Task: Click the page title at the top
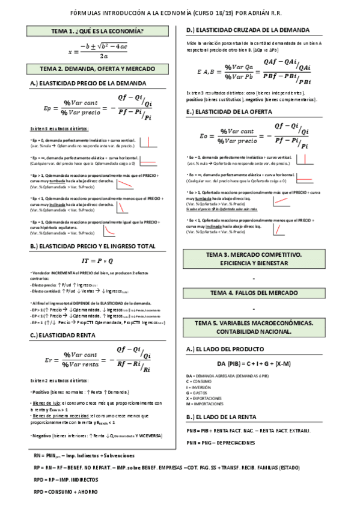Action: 180,12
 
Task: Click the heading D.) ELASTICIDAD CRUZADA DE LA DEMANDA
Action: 248,30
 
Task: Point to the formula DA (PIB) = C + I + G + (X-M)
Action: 254,363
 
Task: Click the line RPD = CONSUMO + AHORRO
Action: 67,491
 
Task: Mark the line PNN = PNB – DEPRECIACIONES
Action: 221,443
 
